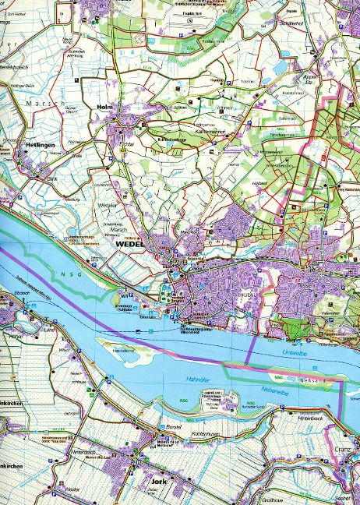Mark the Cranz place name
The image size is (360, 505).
click(x=345, y=451)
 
